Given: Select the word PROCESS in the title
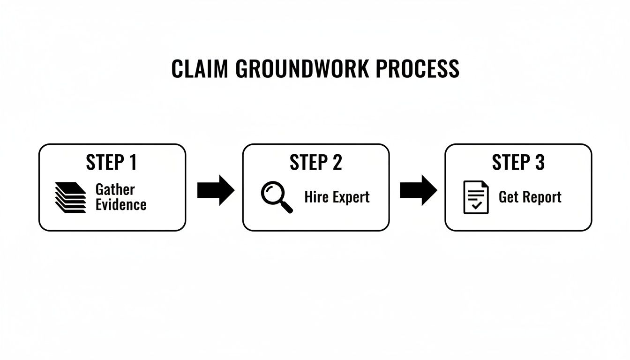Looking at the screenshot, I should (x=418, y=69).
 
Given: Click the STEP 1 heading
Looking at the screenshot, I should (x=112, y=163).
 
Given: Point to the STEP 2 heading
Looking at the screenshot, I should (x=315, y=163).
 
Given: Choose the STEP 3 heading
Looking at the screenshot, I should (x=518, y=163).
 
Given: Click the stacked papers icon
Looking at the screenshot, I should (x=70, y=197).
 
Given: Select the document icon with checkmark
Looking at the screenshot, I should (x=476, y=197).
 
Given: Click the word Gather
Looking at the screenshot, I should (x=115, y=190).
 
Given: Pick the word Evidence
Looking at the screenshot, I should (x=121, y=204).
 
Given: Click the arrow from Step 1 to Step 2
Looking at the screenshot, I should (x=216, y=190).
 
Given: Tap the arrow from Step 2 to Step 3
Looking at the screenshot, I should (x=418, y=190).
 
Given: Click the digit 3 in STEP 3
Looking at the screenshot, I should (x=540, y=163).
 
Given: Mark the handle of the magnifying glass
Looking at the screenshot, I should (x=286, y=207).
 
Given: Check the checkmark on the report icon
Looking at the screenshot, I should (x=477, y=205).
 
